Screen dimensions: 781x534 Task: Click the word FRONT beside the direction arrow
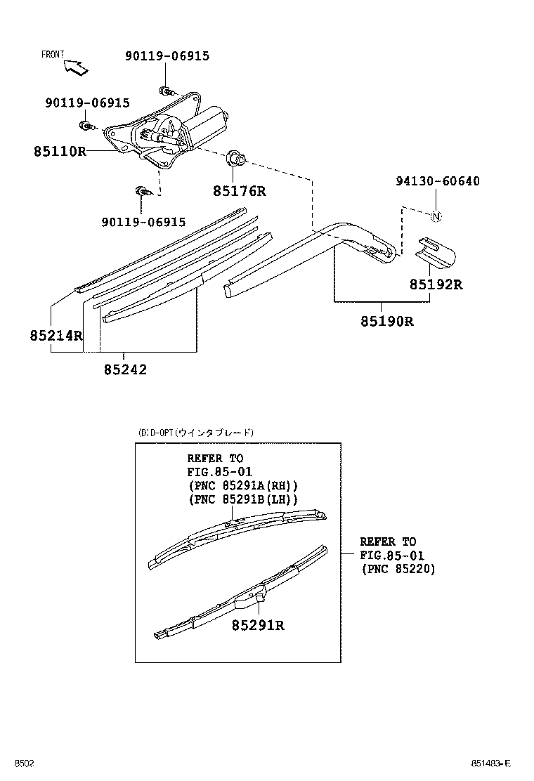pos(53,54)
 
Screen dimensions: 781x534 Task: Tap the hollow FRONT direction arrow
pos(76,67)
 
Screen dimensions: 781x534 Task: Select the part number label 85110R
pos(59,151)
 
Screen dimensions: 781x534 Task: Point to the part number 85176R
pos(240,190)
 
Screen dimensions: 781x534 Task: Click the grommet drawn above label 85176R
pos(235,159)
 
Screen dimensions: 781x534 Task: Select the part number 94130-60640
pos(436,181)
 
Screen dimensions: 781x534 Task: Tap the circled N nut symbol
pos(435,216)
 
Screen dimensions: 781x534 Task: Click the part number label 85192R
pos(436,284)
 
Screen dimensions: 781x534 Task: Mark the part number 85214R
pos(56,336)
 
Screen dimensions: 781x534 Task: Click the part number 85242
pos(125,369)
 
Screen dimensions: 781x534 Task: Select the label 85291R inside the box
pos(258,625)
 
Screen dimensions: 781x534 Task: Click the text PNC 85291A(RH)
pos(243,485)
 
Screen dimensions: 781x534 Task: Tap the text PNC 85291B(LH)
pos(243,499)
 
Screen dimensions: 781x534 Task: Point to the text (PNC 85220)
pos(398,570)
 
